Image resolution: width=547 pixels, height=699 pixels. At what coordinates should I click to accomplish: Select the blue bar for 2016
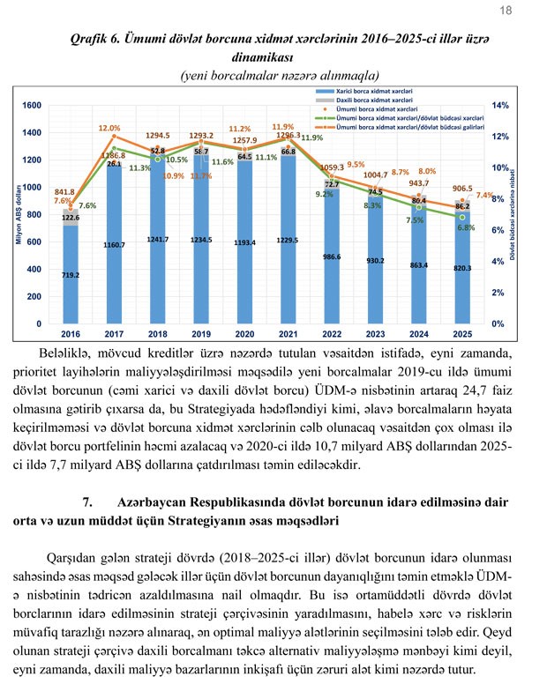click(x=71, y=282)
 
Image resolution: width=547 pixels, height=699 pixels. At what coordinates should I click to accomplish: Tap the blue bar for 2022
click(x=332, y=273)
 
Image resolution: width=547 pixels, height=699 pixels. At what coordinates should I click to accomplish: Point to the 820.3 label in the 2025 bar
click(x=462, y=268)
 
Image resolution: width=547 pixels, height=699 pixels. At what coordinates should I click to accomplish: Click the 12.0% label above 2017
click(x=109, y=129)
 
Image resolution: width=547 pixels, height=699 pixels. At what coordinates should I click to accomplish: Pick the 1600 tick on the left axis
click(x=31, y=106)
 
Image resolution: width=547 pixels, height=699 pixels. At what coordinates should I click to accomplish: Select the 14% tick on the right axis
click(x=498, y=106)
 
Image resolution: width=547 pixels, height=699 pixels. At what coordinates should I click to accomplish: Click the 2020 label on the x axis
click(x=244, y=335)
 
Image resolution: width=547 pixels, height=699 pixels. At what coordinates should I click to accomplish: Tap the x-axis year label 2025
click(x=462, y=335)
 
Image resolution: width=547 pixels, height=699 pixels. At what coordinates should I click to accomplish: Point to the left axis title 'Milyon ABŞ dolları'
click(x=19, y=215)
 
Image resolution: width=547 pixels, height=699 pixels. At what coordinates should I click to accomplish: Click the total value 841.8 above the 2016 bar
click(x=64, y=191)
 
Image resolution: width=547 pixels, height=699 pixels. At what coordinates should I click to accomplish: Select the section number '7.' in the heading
click(x=88, y=502)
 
